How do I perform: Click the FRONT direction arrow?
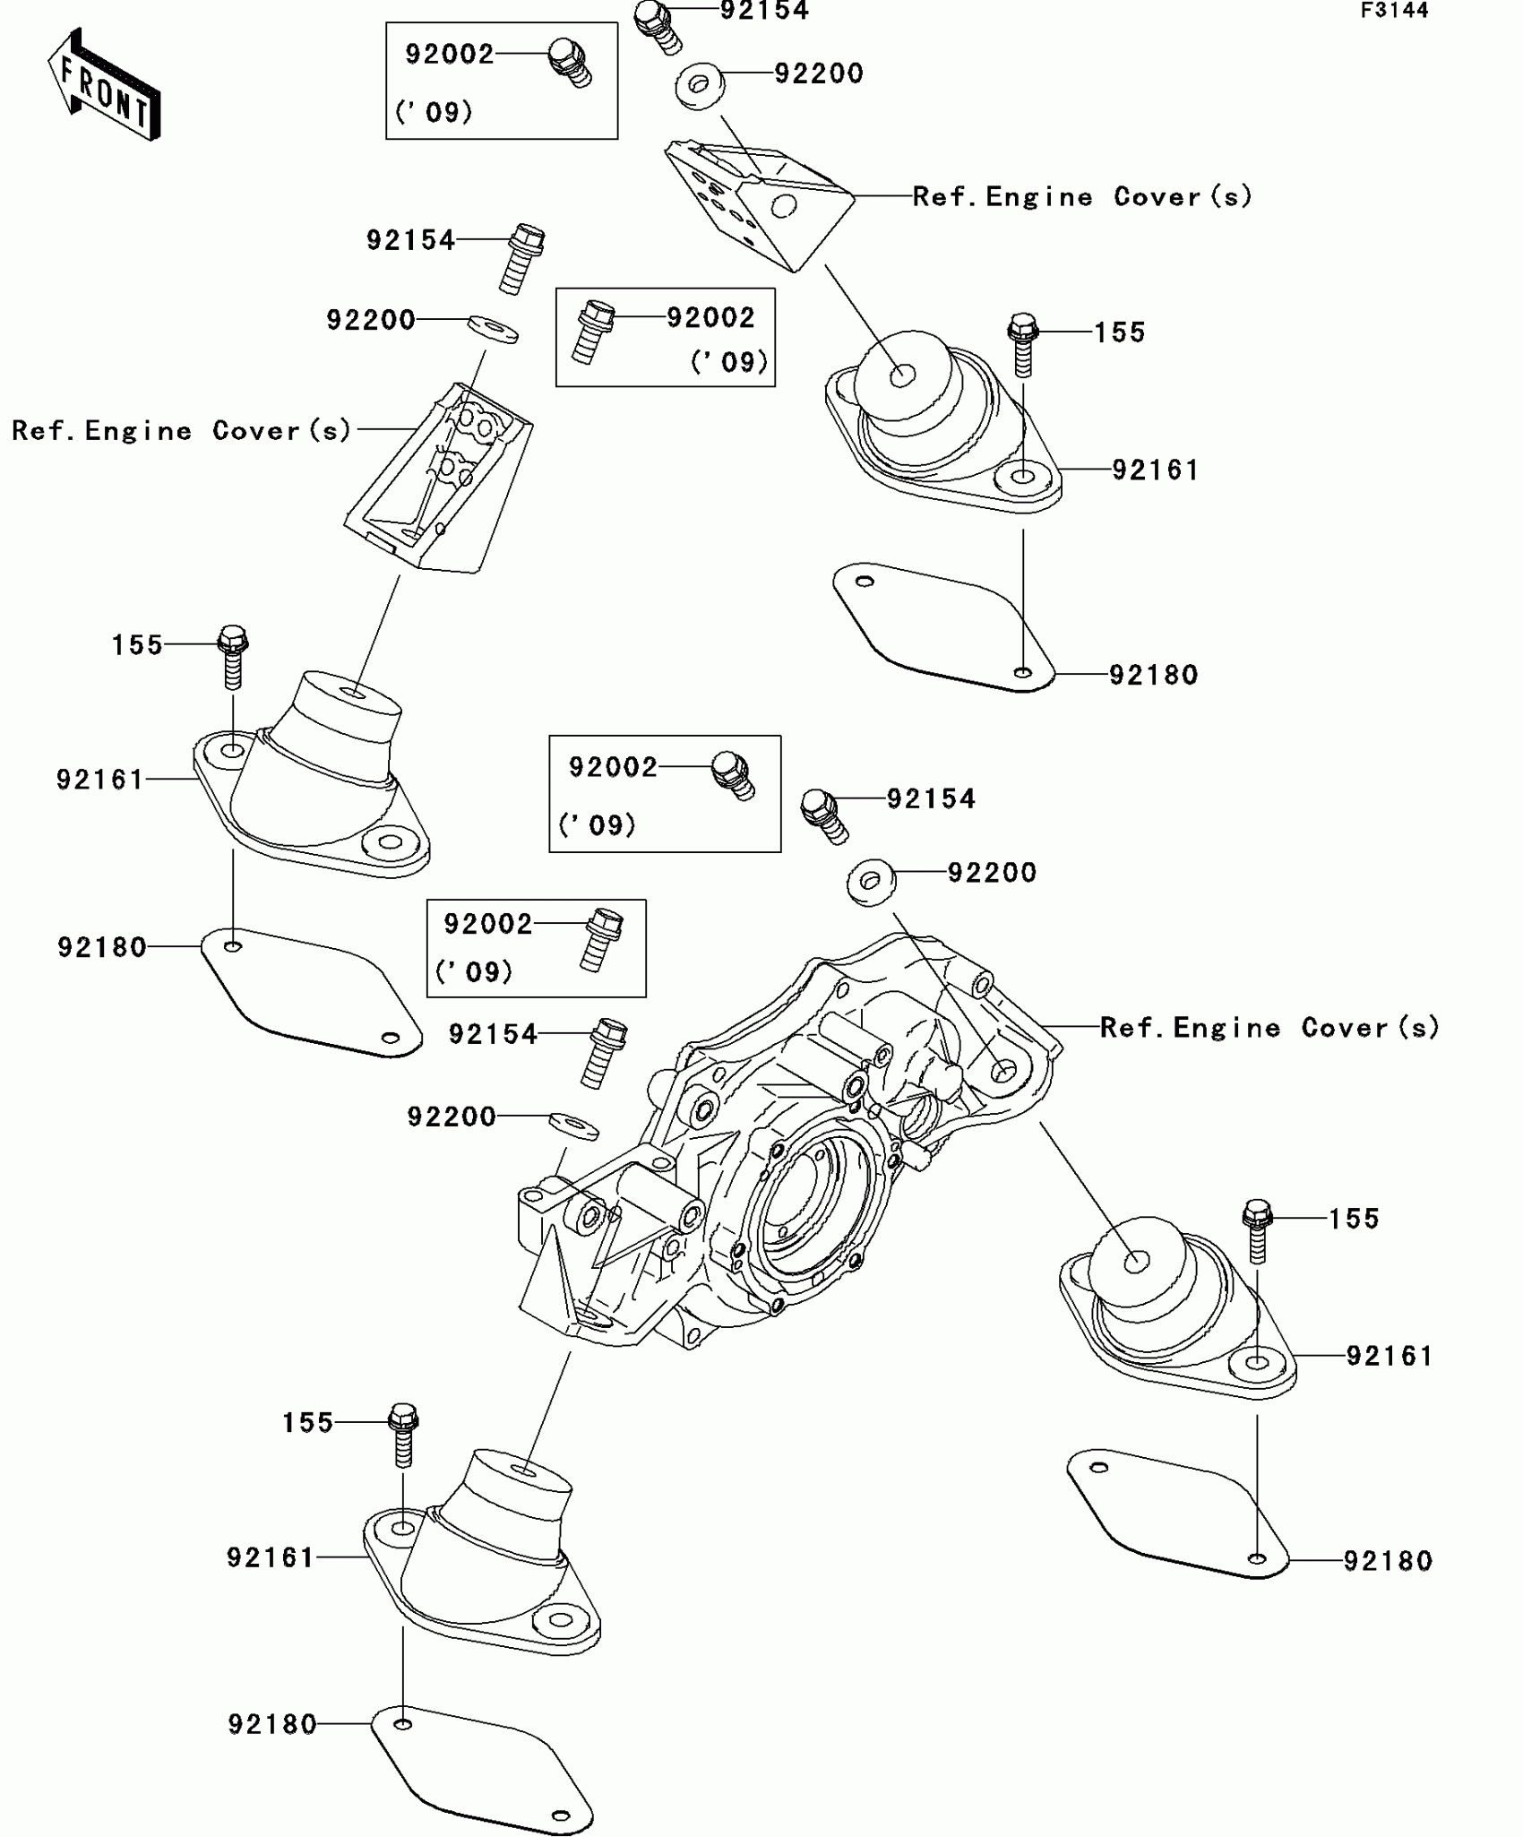104,86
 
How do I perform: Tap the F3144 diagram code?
1394,11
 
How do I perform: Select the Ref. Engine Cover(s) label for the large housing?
1269,1028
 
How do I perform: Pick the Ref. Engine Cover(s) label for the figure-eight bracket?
182,431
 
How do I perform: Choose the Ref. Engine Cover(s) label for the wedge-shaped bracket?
1081,197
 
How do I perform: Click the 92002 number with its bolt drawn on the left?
710,317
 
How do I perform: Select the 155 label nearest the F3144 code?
1119,333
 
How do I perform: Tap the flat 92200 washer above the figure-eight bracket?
493,328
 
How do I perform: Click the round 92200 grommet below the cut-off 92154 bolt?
700,86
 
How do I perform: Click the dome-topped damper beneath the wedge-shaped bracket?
941,421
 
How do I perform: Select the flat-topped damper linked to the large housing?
484,1559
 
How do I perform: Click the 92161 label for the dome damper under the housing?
1389,1357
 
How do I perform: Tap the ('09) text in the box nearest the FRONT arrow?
434,113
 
